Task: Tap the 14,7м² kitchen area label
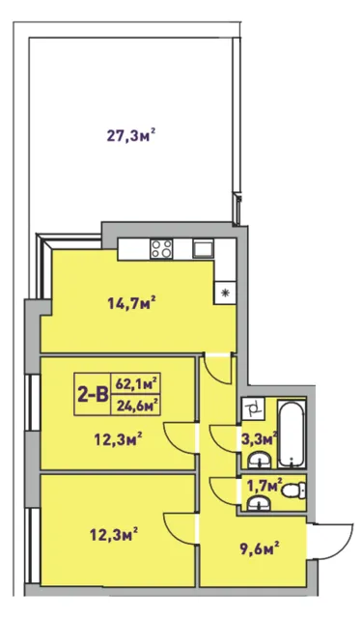(131, 302)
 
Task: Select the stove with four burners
(161, 249)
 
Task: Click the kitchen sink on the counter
(204, 248)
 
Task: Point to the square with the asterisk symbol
(225, 293)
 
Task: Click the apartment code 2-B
(93, 394)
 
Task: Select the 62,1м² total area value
(136, 383)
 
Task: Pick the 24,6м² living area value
(136, 405)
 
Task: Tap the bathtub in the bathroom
(292, 434)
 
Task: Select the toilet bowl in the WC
(294, 492)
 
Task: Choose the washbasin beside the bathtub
(259, 460)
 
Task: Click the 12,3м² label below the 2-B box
(118, 438)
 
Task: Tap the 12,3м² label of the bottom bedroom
(114, 536)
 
